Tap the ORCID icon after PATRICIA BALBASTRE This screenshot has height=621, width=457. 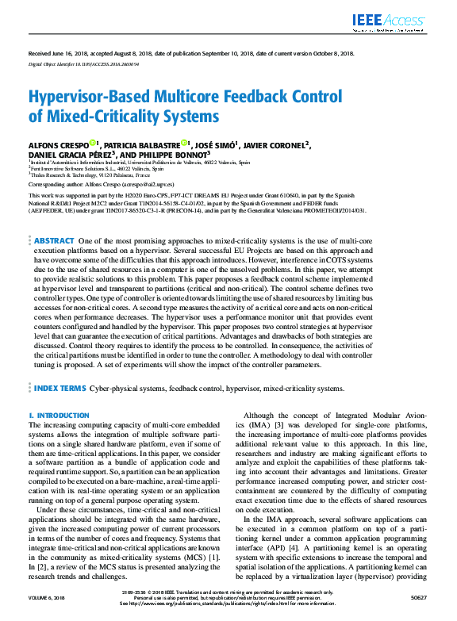(x=184, y=144)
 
